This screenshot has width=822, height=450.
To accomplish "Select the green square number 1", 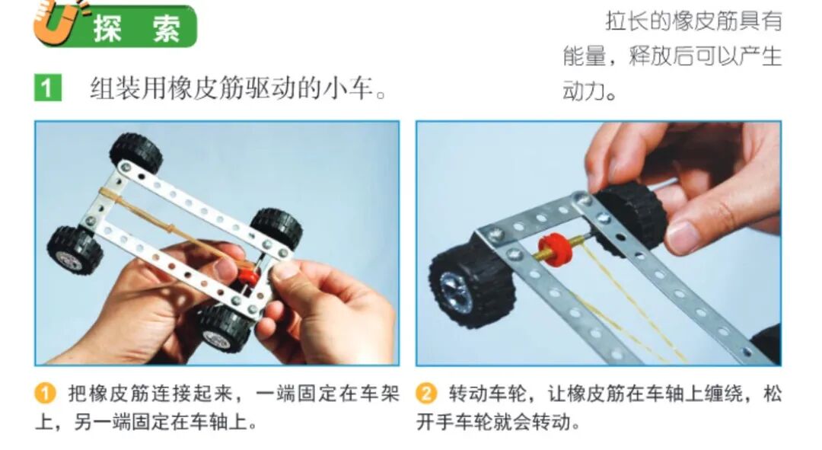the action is (x=48, y=88).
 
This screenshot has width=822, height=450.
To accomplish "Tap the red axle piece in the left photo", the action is (x=250, y=276).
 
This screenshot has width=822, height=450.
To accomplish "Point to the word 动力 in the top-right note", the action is (x=584, y=91).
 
